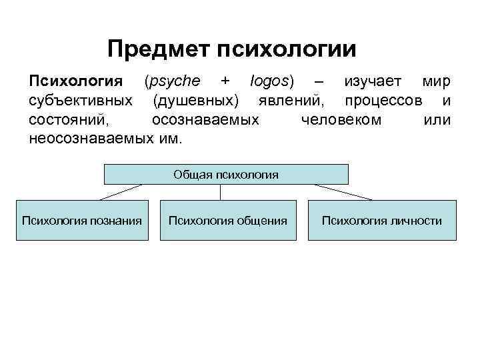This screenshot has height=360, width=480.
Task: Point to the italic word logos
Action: (x=271, y=81)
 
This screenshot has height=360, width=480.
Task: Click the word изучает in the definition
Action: (x=373, y=81)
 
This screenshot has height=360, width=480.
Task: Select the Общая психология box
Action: (x=227, y=174)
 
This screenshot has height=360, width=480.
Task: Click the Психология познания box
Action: (x=82, y=220)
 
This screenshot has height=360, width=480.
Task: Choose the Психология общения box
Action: (x=228, y=220)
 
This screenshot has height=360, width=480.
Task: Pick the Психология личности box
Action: (x=382, y=220)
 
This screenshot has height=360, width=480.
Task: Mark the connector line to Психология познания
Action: (x=121, y=192)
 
